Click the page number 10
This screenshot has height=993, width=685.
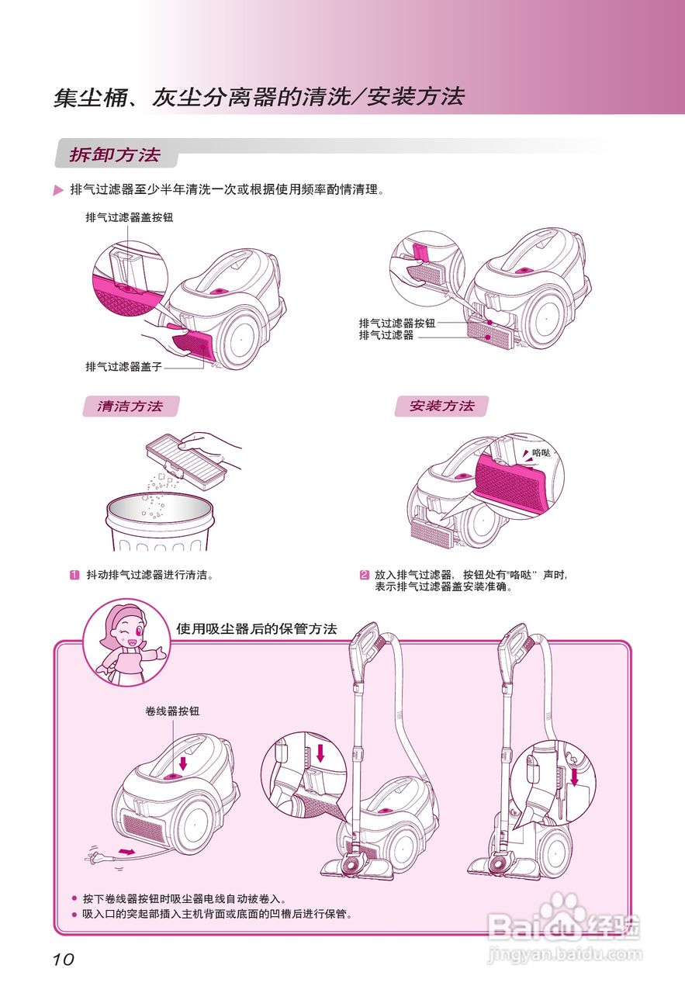tap(64, 960)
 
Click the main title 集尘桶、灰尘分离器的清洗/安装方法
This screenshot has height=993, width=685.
tap(258, 97)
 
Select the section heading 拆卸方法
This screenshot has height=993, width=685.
tap(115, 154)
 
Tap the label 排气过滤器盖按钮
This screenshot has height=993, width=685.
tap(129, 218)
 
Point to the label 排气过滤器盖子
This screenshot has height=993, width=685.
tap(123, 366)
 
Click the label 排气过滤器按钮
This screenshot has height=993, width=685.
tap(396, 323)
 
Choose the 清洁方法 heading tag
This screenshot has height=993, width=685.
tap(130, 407)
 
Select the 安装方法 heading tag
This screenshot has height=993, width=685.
tap(441, 406)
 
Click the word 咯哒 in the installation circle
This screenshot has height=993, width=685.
tap(541, 452)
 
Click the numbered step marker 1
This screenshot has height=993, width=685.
tap(74, 575)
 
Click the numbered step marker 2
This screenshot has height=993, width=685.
tap(364, 575)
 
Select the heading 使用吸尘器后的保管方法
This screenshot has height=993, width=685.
tap(256, 629)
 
